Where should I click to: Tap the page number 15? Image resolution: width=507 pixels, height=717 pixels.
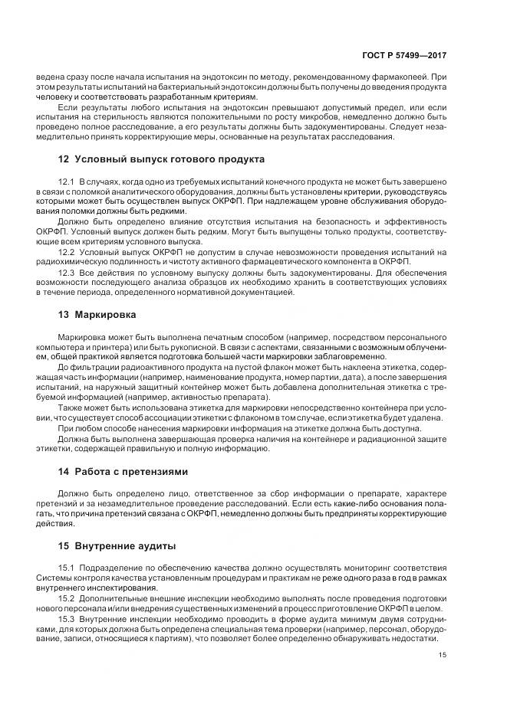[443, 655]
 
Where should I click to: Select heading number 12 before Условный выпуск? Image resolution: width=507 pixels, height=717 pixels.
[64, 159]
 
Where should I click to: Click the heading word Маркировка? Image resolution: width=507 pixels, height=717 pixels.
[106, 315]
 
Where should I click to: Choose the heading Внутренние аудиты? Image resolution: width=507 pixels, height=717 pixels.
[125, 546]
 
